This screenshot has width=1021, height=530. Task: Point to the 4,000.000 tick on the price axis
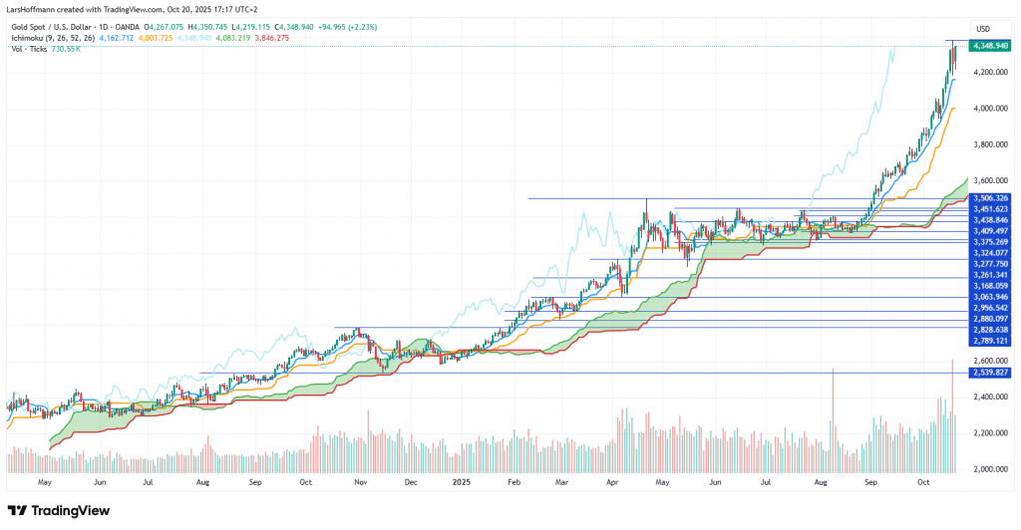989,109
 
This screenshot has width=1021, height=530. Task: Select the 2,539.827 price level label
990,373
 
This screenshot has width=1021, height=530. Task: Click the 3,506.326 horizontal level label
990,198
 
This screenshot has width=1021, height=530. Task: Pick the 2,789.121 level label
990,340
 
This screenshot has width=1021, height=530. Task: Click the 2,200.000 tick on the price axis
989,432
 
